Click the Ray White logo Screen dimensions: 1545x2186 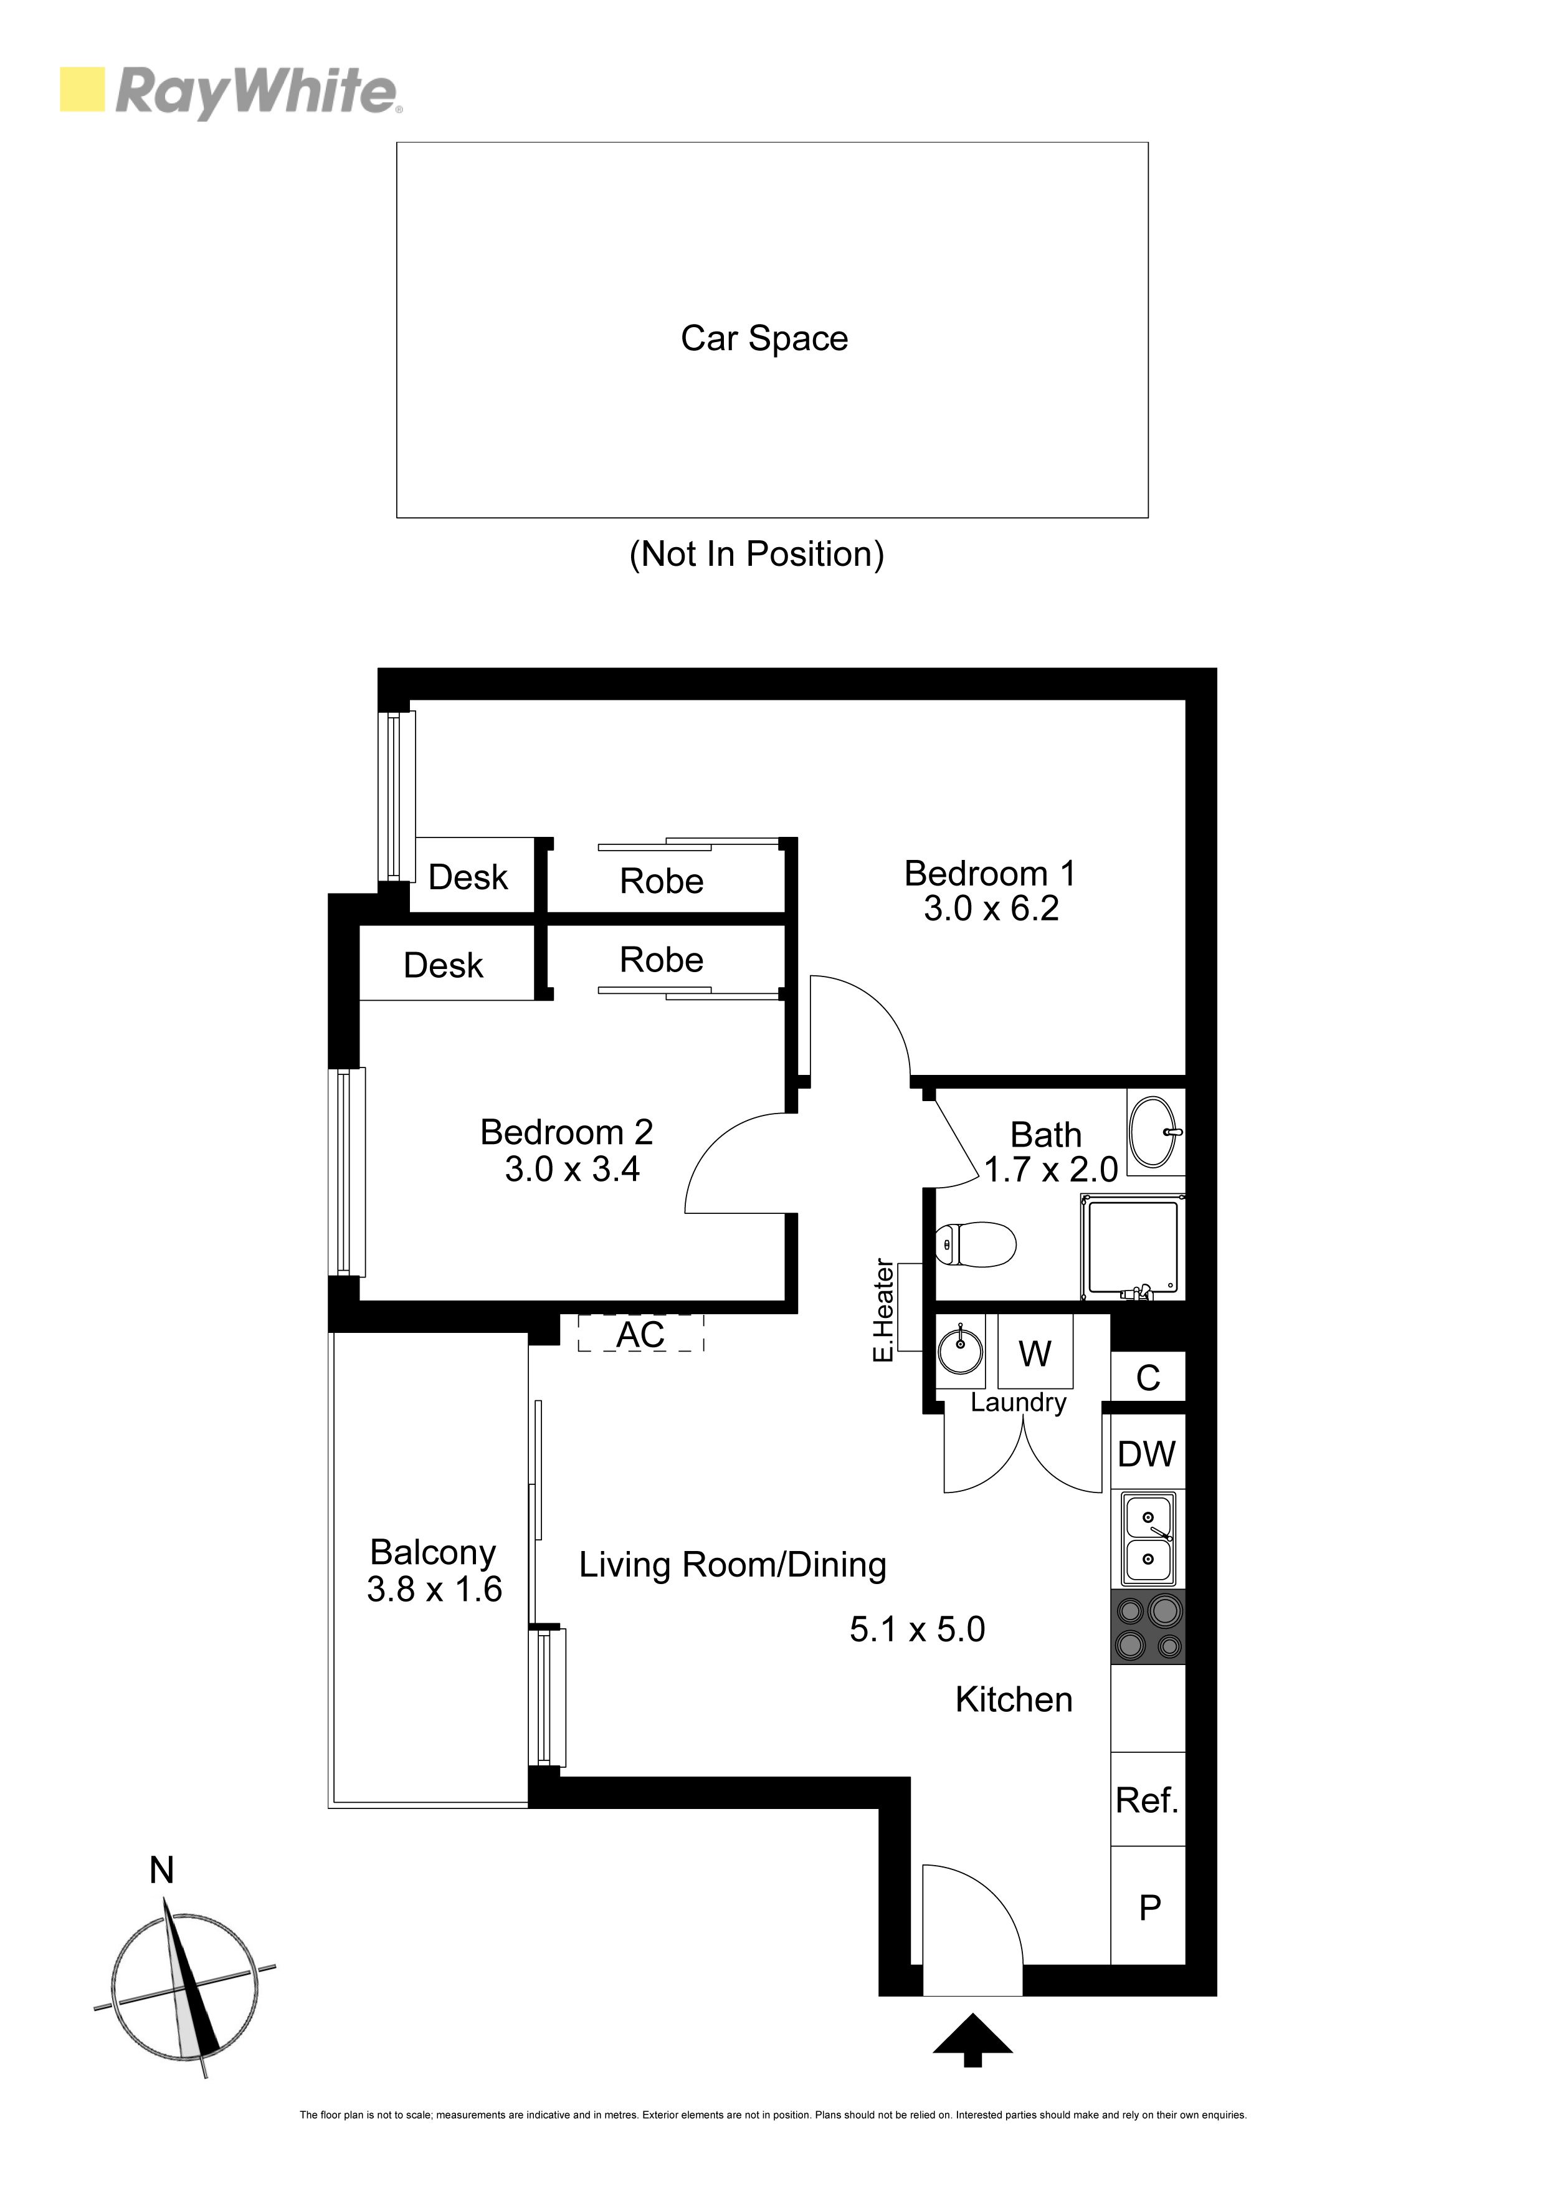[x=231, y=92]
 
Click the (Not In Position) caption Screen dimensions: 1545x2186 [x=757, y=554]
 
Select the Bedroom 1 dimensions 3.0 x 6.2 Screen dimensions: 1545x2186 [x=991, y=909]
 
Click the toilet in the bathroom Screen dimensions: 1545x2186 [x=976, y=1244]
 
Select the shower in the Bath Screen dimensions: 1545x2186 [x=1133, y=1248]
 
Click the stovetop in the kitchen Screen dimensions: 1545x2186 [x=1148, y=1626]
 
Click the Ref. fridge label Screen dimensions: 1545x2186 [x=1147, y=1800]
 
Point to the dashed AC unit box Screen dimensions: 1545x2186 [x=640, y=1333]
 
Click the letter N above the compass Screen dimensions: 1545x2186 [x=162, y=1871]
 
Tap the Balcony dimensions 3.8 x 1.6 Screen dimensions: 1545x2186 [x=434, y=1589]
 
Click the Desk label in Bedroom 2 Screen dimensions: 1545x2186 [x=443, y=965]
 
